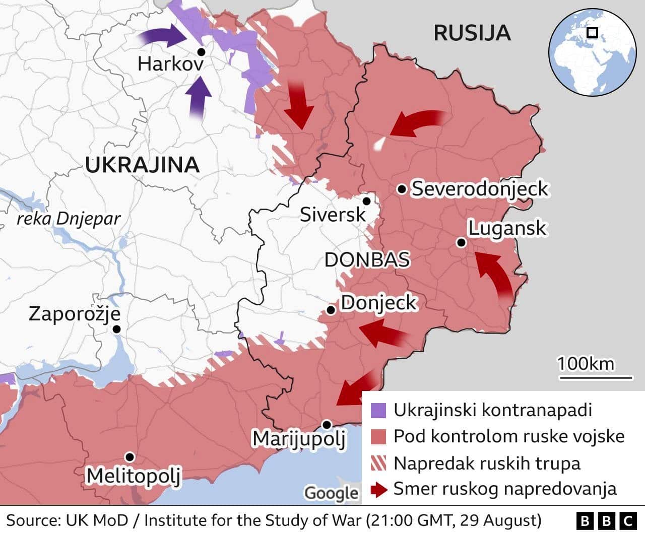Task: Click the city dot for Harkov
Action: pyautogui.click(x=201, y=52)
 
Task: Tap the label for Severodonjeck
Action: pyautogui.click(x=479, y=189)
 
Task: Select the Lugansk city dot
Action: pyautogui.click(x=461, y=243)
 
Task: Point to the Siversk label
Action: pyautogui.click(x=332, y=215)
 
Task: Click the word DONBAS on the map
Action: pyautogui.click(x=367, y=260)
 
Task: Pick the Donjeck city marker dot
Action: pyautogui.click(x=331, y=310)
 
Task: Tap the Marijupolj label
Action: pyautogui.click(x=299, y=438)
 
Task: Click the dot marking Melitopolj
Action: pyautogui.click(x=130, y=457)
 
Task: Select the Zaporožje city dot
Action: pyautogui.click(x=117, y=329)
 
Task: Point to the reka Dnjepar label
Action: pyautogui.click(x=69, y=219)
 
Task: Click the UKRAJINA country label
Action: pyautogui.click(x=142, y=165)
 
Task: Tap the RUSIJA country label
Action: pyautogui.click(x=472, y=33)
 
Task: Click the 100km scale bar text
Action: pyautogui.click(x=586, y=364)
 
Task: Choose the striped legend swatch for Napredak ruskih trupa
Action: pyautogui.click(x=378, y=463)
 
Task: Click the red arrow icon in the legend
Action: pyautogui.click(x=378, y=489)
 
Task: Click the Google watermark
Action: pyautogui.click(x=332, y=493)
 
